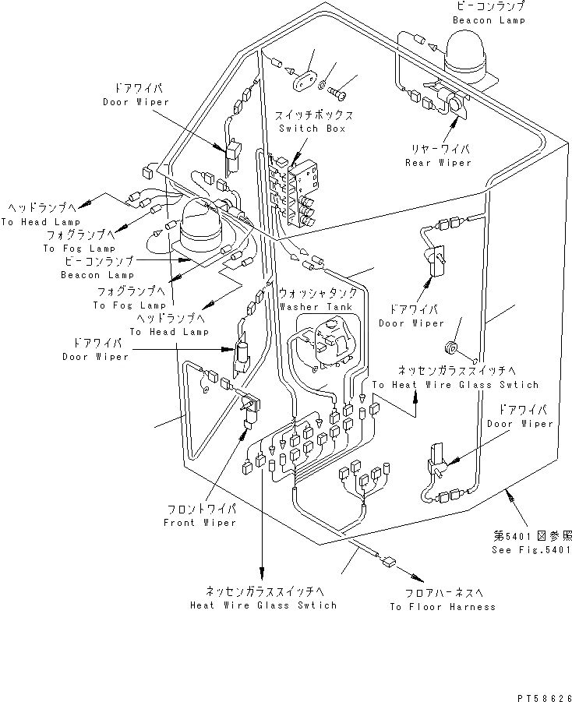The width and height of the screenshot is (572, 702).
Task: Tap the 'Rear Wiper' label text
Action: (x=438, y=163)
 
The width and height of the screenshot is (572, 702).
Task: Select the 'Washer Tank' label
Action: (x=319, y=306)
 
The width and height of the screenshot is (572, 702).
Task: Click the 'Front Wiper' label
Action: (x=199, y=523)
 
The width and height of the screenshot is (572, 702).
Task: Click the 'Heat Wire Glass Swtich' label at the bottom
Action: (x=264, y=605)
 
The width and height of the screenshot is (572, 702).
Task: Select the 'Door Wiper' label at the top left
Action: (x=130, y=102)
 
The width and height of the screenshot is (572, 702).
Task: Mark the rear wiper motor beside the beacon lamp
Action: (x=450, y=101)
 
